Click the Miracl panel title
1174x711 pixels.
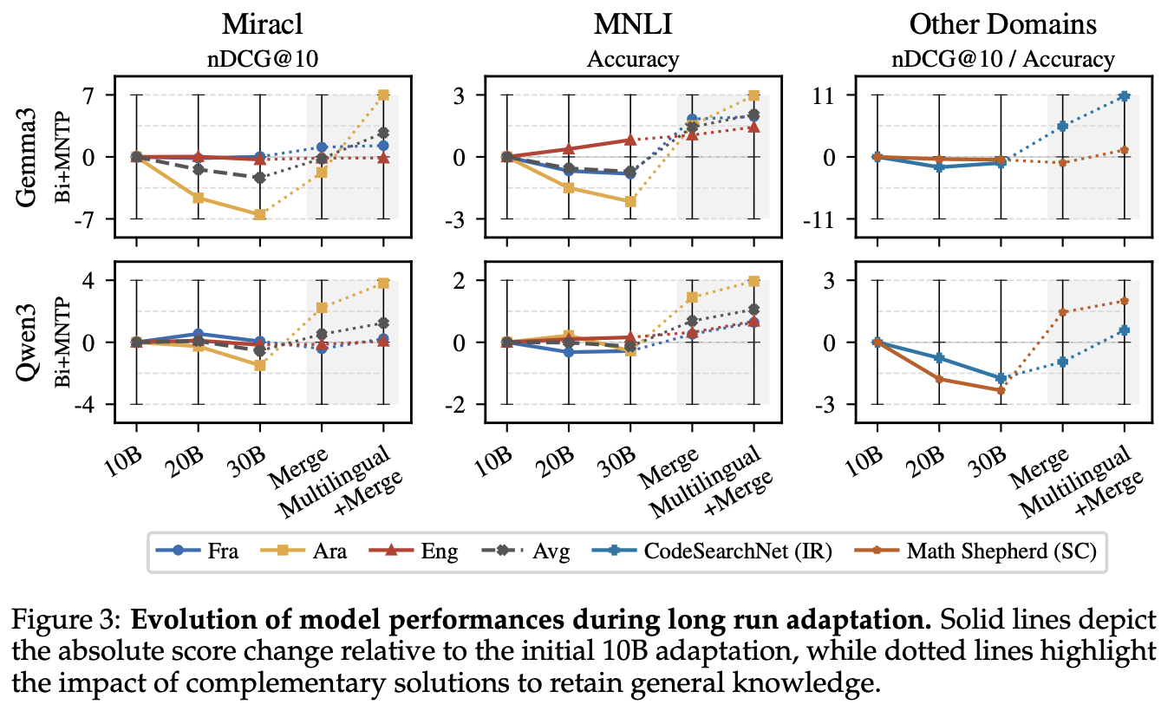pyautogui.click(x=262, y=24)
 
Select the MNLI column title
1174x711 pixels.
pyautogui.click(x=633, y=24)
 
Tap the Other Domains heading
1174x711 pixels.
pyautogui.click(x=1002, y=24)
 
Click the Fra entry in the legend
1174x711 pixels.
pyautogui.click(x=198, y=551)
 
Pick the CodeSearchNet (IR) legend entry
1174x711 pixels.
pyautogui.click(x=712, y=551)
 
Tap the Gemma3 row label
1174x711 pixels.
pyautogui.click(x=26, y=157)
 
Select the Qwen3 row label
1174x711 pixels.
pyautogui.click(x=26, y=342)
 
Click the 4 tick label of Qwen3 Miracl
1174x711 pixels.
pyautogui.click(x=98, y=280)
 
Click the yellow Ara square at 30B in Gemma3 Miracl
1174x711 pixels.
pyautogui.click(x=260, y=215)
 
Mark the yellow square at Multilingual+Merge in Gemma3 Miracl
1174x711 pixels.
pyautogui.click(x=383, y=95)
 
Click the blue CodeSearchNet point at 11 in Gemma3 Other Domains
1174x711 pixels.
pyautogui.click(x=1124, y=96)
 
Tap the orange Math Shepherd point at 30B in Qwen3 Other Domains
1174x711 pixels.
pyautogui.click(x=1001, y=390)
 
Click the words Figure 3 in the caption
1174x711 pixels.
pyautogui.click(x=67, y=620)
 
